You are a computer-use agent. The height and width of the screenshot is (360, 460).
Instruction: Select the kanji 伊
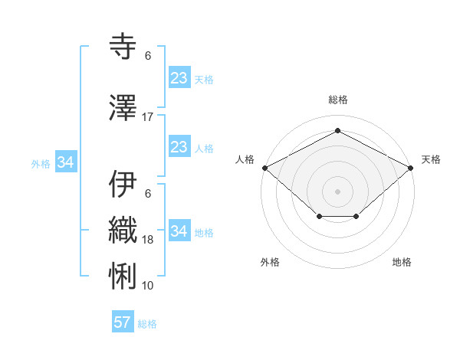124,185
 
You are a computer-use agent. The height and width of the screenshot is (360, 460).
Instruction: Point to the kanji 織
124,230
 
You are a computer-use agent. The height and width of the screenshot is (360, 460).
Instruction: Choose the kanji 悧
124,276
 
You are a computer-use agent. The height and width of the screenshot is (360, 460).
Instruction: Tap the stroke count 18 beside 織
148,240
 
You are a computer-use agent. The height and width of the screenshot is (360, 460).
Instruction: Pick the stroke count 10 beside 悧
148,286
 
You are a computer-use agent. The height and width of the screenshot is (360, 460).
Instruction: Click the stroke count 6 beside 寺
148,56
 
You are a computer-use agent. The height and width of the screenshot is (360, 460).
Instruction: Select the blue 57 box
123,322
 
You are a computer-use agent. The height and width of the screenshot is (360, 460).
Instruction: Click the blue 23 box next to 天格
179,77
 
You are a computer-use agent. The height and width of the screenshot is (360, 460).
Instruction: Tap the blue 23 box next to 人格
179,147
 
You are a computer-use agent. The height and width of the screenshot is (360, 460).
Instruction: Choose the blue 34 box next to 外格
65,162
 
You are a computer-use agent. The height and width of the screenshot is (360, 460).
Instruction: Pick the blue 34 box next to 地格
179,231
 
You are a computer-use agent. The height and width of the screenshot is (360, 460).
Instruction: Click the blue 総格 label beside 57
147,324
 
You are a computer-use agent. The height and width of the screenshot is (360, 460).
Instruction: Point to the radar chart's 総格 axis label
337,100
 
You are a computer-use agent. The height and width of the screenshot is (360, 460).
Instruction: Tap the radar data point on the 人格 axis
264,167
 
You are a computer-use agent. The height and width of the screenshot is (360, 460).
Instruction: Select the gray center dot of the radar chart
337,191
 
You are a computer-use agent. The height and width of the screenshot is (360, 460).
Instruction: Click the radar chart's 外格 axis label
269,262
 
